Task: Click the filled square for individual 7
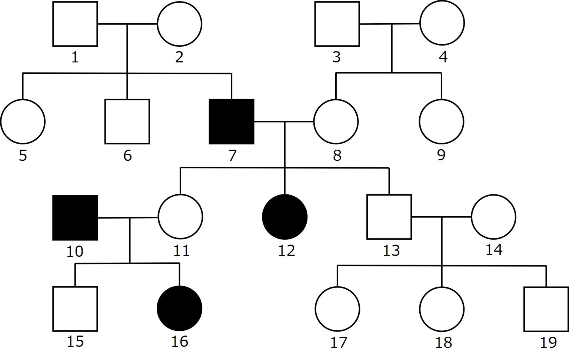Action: pos(232,121)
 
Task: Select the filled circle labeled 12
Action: pos(284,217)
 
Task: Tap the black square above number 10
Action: pos(75,217)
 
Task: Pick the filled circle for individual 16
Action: pos(180,308)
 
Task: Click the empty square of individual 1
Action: pos(75,24)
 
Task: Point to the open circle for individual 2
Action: pos(180,24)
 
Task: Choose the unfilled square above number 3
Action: pos(337,24)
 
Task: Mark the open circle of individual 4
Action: pos(442,23)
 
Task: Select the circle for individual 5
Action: pos(23,121)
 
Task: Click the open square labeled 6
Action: pos(127,121)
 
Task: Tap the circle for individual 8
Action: pos(336,121)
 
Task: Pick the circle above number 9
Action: pos(442,121)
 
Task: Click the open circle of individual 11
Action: pos(180,217)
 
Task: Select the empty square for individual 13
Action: pos(389,217)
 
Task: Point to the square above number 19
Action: pos(546,309)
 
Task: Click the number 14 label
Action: pos(494,250)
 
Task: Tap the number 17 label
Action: pos(338,343)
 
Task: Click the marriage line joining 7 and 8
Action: pos(284,121)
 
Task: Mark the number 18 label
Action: pos(443,343)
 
